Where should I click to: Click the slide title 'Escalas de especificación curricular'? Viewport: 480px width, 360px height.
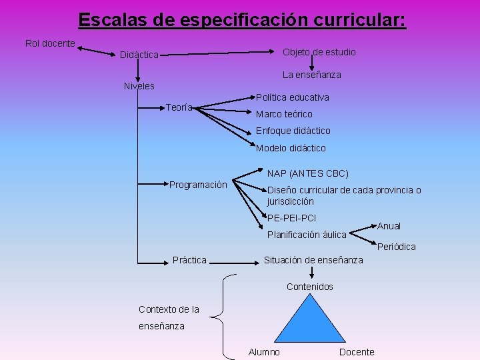(x=241, y=20)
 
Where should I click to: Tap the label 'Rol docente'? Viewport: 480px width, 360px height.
(x=50, y=43)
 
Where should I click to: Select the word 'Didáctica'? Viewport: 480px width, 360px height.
(x=139, y=55)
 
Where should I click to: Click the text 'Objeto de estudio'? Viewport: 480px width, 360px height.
(x=319, y=52)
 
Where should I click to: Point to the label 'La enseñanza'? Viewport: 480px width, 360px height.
(x=311, y=75)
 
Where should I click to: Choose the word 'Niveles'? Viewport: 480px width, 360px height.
(x=139, y=86)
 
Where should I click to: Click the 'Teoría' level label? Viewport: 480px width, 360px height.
(x=179, y=107)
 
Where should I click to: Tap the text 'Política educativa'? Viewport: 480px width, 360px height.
(x=293, y=97)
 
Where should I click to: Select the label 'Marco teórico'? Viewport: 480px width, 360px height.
(x=284, y=114)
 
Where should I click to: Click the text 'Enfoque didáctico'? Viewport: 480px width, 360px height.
(x=293, y=131)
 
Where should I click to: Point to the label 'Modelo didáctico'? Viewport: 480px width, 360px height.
(x=291, y=148)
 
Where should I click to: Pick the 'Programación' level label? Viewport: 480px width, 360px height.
(x=198, y=185)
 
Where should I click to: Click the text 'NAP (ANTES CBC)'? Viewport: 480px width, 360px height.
(x=308, y=173)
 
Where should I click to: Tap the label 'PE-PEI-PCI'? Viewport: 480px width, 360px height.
(x=291, y=218)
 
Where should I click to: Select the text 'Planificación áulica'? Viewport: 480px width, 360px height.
(x=307, y=235)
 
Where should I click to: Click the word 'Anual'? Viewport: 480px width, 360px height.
(x=389, y=226)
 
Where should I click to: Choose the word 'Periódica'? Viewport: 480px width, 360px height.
(x=397, y=247)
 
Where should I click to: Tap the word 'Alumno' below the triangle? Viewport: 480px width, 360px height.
(x=264, y=352)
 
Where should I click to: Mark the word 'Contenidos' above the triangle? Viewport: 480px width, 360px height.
(x=310, y=287)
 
